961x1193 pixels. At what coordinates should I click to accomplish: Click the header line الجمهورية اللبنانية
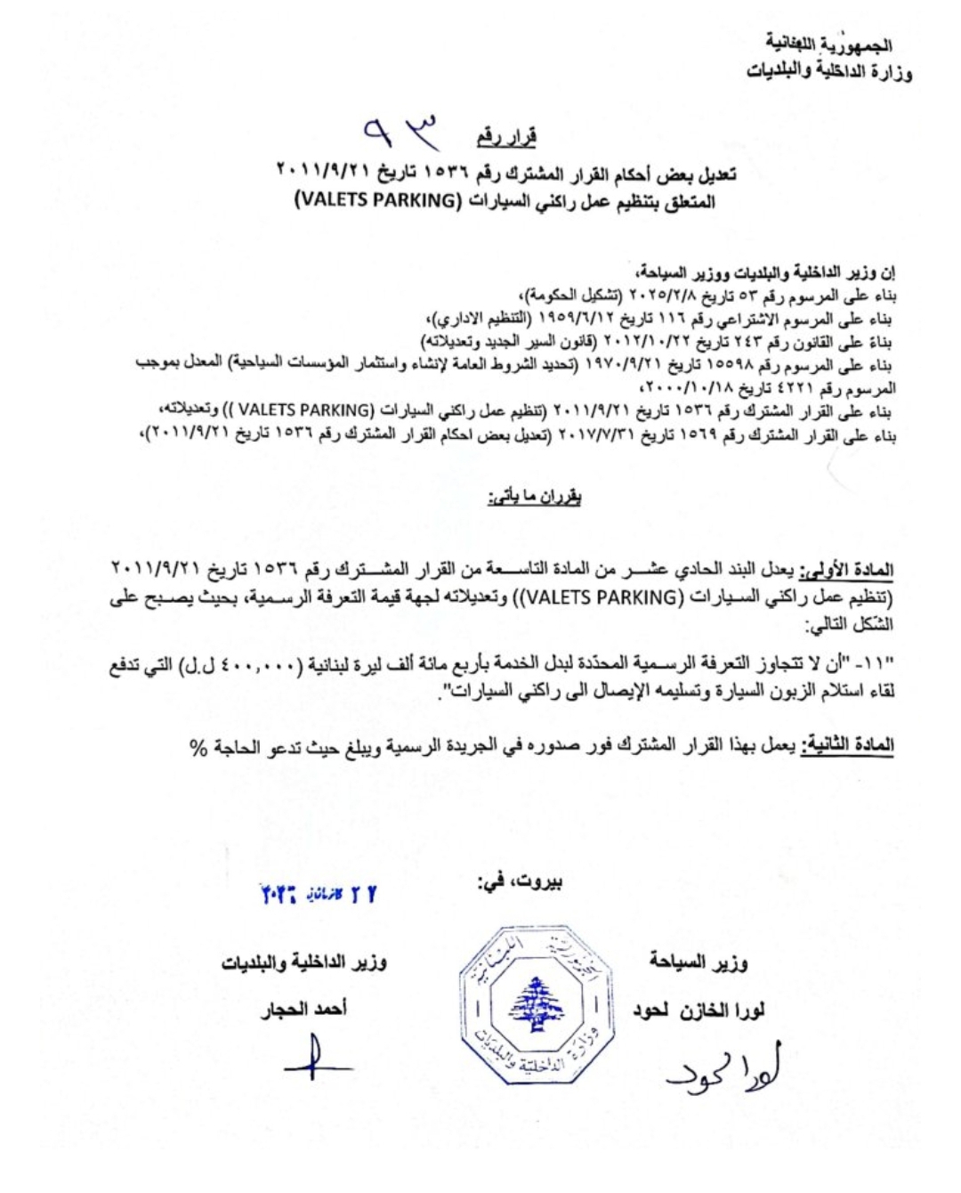(x=828, y=43)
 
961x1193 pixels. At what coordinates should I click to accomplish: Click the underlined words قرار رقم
(x=506, y=137)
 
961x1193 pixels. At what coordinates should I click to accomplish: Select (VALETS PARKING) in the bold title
(x=375, y=200)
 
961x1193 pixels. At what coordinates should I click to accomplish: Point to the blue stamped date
(x=317, y=894)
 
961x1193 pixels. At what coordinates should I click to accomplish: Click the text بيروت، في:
(x=521, y=882)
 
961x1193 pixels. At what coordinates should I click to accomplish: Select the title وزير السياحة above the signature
(x=699, y=962)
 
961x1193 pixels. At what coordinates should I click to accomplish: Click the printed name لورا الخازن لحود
(x=699, y=1010)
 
